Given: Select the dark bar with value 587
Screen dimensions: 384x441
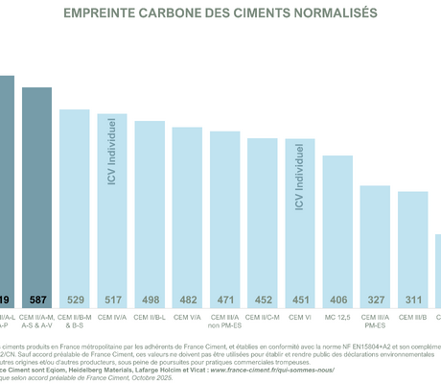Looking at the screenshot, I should [x=37, y=192].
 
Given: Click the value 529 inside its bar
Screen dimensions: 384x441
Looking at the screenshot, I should [x=75, y=300].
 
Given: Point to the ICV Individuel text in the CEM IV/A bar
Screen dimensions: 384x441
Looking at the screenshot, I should [x=112, y=153].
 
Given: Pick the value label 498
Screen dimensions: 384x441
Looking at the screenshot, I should [x=150, y=300].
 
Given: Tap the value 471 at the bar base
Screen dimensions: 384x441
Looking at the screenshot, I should [x=225, y=300].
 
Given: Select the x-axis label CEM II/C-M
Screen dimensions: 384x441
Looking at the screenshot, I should [x=263, y=316].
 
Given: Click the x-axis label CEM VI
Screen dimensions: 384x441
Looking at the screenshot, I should [x=300, y=316].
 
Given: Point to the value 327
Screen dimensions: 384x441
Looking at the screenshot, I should [x=375, y=300].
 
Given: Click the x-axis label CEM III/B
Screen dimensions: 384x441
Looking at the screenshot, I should [x=412, y=316].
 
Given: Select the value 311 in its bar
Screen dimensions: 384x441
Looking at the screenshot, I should [x=412, y=300].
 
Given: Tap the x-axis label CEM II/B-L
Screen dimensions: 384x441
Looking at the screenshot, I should [x=150, y=316].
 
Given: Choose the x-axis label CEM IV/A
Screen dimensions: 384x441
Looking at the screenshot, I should [x=112, y=316].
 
